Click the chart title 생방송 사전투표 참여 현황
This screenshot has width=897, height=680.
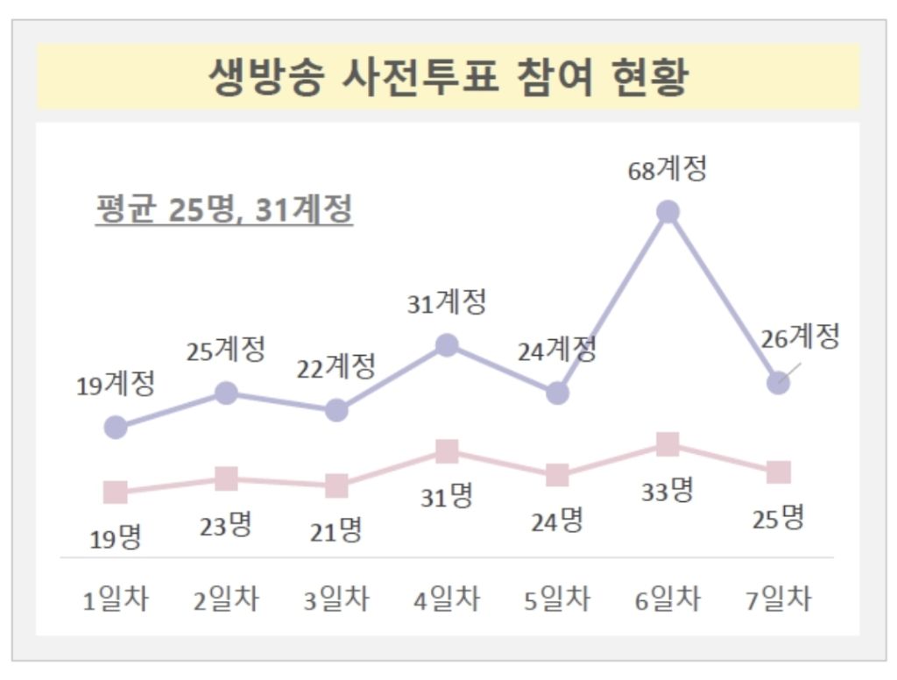[448, 77]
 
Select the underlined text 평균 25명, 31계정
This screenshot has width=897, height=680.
[223, 211]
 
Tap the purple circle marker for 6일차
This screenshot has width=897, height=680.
[667, 212]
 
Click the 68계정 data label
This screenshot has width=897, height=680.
[667, 169]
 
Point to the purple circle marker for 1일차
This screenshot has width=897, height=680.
[116, 428]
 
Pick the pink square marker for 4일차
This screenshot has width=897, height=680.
[447, 451]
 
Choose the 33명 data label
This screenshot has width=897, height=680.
[667, 491]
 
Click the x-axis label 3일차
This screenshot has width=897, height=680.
[336, 600]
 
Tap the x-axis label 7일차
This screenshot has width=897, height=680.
[778, 600]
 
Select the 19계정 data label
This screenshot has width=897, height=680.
[116, 384]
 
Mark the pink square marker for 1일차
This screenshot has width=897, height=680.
[116, 492]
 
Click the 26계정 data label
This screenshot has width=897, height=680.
[801, 336]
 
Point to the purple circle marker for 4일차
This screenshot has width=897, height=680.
[447, 345]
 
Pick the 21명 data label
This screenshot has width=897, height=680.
[336, 529]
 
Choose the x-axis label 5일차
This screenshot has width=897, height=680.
[557, 600]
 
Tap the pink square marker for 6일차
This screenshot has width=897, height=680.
[667, 444]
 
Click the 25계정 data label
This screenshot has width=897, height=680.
[225, 351]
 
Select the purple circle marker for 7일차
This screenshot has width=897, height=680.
[778, 383]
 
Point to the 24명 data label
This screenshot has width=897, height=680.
[556, 521]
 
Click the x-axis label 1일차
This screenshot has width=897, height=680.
[116, 600]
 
